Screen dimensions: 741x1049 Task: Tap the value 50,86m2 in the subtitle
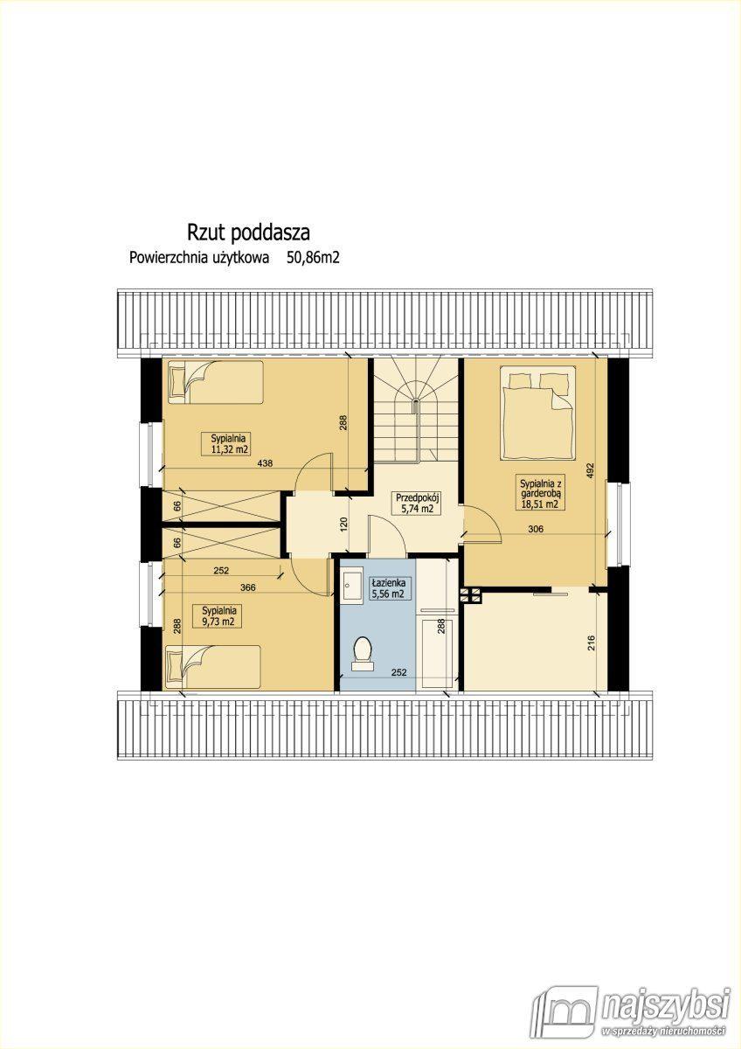click(313, 258)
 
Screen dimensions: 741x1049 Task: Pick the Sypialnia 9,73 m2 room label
click(219, 616)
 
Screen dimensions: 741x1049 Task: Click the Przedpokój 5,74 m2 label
click(418, 503)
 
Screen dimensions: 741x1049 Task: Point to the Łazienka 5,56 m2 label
click(388, 588)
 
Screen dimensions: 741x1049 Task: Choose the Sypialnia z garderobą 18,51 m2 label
click(540, 493)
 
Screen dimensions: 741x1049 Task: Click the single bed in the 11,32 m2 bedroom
click(215, 382)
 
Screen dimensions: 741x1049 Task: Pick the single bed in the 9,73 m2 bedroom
click(213, 667)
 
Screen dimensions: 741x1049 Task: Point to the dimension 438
click(265, 463)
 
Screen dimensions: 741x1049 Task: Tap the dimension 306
click(536, 529)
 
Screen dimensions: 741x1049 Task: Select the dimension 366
click(247, 587)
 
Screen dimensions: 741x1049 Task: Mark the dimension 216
click(591, 643)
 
